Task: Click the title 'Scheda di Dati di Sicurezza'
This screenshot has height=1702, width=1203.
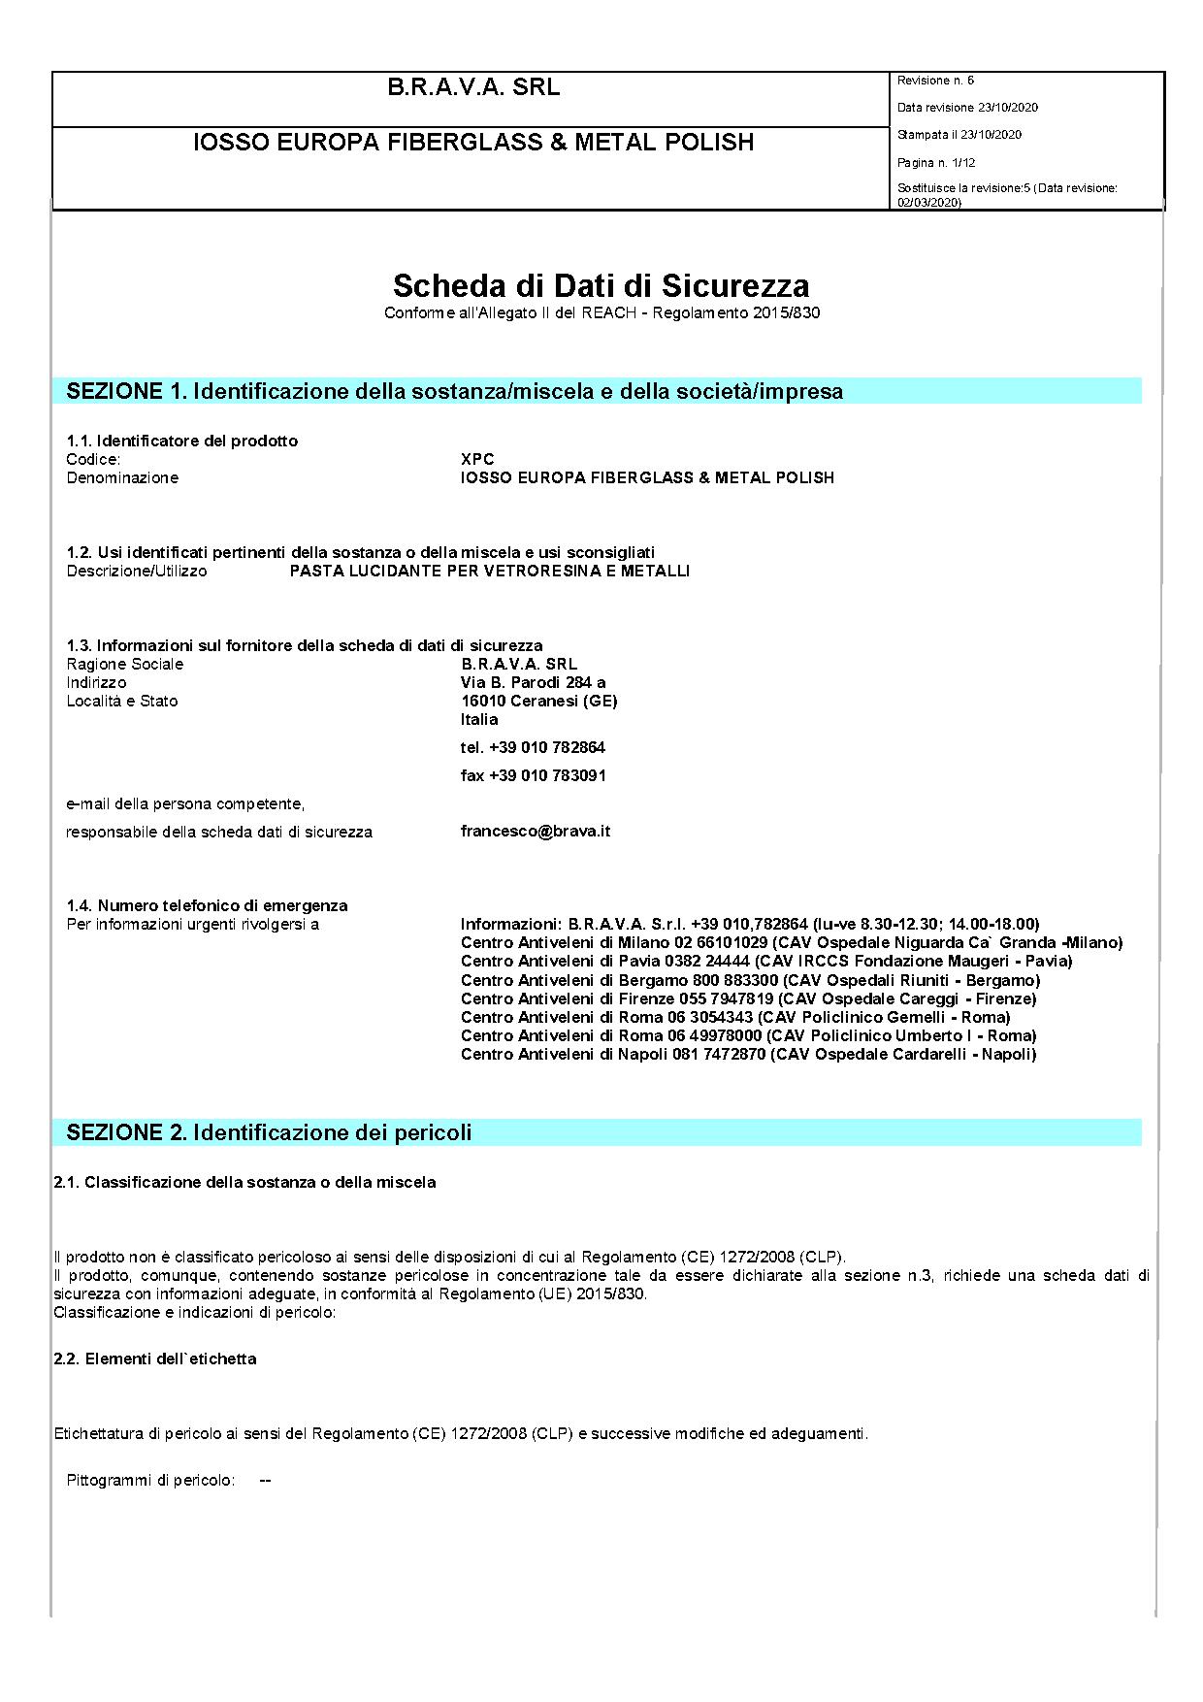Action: (x=601, y=285)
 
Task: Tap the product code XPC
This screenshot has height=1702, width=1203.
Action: (x=477, y=459)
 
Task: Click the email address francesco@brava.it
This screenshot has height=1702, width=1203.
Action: (x=535, y=831)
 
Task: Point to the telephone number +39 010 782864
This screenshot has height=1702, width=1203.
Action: (x=533, y=747)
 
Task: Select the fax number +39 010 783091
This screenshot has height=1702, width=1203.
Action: (x=533, y=775)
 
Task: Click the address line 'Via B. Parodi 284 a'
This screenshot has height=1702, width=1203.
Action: (x=533, y=682)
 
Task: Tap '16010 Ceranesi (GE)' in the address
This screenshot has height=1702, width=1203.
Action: (x=538, y=701)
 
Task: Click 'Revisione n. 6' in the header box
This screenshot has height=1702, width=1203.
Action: (x=935, y=81)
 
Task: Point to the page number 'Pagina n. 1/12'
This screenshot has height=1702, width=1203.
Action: (x=936, y=163)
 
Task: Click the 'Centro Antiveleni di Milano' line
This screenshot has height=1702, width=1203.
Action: (x=791, y=942)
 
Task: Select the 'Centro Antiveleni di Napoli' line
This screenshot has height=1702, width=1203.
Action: (x=748, y=1054)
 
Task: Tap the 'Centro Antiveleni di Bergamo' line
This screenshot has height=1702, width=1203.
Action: (x=750, y=980)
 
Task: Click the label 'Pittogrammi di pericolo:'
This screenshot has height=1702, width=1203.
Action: (x=150, y=1480)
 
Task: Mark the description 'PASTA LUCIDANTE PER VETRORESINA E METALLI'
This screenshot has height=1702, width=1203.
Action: (x=490, y=571)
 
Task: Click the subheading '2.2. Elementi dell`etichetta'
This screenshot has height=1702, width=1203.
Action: (x=155, y=1358)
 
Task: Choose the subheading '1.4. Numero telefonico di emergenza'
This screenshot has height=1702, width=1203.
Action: (x=207, y=905)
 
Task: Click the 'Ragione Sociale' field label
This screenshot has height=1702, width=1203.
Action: (x=124, y=664)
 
